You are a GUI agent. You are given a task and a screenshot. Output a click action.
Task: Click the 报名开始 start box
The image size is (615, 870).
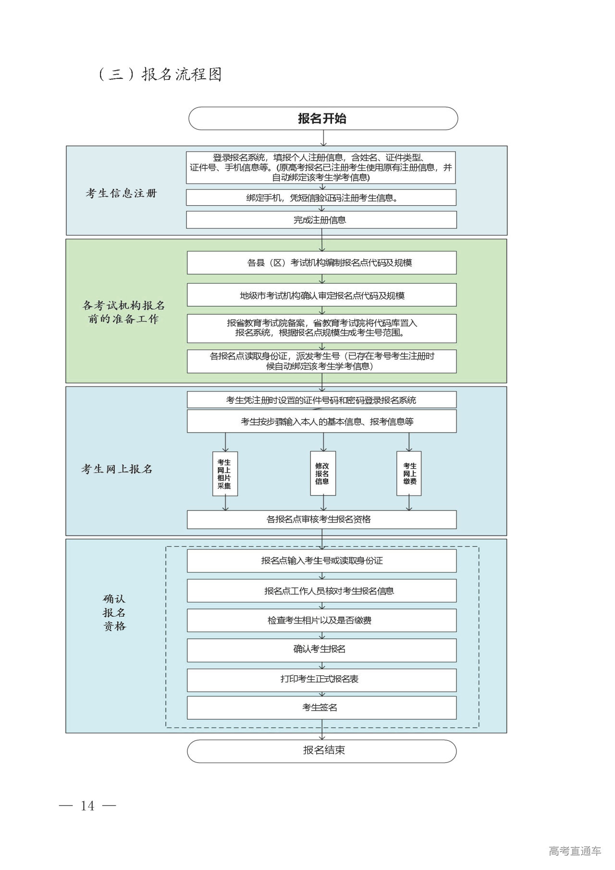click(x=322, y=119)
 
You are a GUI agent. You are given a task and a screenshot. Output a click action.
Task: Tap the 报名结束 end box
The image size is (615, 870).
click(x=321, y=750)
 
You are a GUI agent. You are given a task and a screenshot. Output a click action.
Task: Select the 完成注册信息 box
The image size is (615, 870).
click(x=321, y=220)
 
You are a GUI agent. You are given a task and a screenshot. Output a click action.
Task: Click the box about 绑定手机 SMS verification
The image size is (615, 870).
click(x=321, y=198)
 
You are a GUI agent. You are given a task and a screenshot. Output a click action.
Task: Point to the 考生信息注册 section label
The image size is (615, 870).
click(x=121, y=194)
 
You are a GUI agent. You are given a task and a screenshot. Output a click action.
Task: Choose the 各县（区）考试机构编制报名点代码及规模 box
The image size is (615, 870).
click(x=321, y=263)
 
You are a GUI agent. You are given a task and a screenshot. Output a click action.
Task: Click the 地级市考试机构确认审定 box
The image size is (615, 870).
click(x=321, y=295)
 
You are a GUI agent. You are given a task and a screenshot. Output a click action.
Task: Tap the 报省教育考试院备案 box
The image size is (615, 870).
click(x=321, y=328)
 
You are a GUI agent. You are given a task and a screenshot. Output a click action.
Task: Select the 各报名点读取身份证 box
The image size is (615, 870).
click(x=321, y=361)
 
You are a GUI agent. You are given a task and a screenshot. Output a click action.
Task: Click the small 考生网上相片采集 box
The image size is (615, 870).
click(x=225, y=473)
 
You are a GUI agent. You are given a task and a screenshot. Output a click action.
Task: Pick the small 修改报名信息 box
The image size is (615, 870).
click(x=322, y=473)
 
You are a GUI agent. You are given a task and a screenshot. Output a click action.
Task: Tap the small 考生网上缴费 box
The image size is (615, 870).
click(x=409, y=473)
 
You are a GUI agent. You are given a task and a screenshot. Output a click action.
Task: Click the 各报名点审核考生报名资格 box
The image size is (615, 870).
click(x=321, y=519)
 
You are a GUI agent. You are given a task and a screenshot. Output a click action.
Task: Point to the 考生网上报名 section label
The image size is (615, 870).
click(x=117, y=469)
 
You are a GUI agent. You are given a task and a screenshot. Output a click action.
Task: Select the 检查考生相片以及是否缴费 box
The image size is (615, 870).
click(x=321, y=621)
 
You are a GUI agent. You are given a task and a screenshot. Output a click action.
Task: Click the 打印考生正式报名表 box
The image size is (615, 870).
click(x=321, y=679)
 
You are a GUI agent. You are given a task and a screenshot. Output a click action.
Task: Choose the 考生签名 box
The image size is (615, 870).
click(x=321, y=708)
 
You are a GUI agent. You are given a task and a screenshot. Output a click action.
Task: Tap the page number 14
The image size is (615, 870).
click(x=87, y=806)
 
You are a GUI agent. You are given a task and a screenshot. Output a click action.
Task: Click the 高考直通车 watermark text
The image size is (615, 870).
click(x=575, y=851)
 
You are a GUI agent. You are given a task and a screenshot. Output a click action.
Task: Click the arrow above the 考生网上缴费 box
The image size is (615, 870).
click(x=409, y=442)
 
